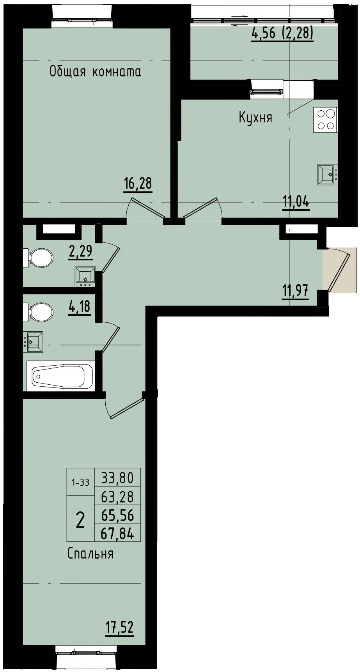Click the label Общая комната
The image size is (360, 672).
click(95, 72)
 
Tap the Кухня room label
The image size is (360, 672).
click(255, 117)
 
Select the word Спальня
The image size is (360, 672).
click(90, 554)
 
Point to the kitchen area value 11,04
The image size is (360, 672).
click(296, 202)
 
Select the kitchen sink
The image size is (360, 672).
click(327, 174)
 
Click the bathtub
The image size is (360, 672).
click(61, 376)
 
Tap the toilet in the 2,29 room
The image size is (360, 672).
click(39, 258)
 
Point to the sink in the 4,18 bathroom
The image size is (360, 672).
click(34, 342)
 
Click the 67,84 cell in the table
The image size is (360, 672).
click(117, 533)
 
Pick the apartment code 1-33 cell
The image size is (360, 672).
click(80, 483)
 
